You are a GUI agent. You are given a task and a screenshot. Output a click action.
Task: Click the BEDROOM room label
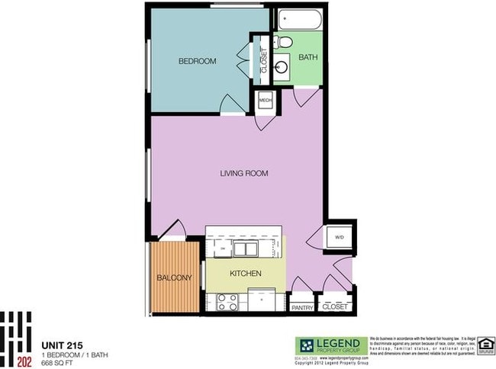[198, 61]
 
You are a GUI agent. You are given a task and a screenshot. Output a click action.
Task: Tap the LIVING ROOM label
[243, 174]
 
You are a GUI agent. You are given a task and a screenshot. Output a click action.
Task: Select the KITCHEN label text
[245, 273]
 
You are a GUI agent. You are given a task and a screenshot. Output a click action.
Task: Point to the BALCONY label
[175, 278]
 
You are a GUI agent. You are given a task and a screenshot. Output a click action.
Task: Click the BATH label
[308, 57]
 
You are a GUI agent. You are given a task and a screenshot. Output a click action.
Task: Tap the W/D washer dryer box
[339, 238]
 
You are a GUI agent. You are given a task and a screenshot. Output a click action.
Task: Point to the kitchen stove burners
[227, 302]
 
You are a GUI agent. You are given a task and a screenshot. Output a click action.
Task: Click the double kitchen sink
[246, 248]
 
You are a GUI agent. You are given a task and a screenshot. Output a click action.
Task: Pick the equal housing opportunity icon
[485, 346]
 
